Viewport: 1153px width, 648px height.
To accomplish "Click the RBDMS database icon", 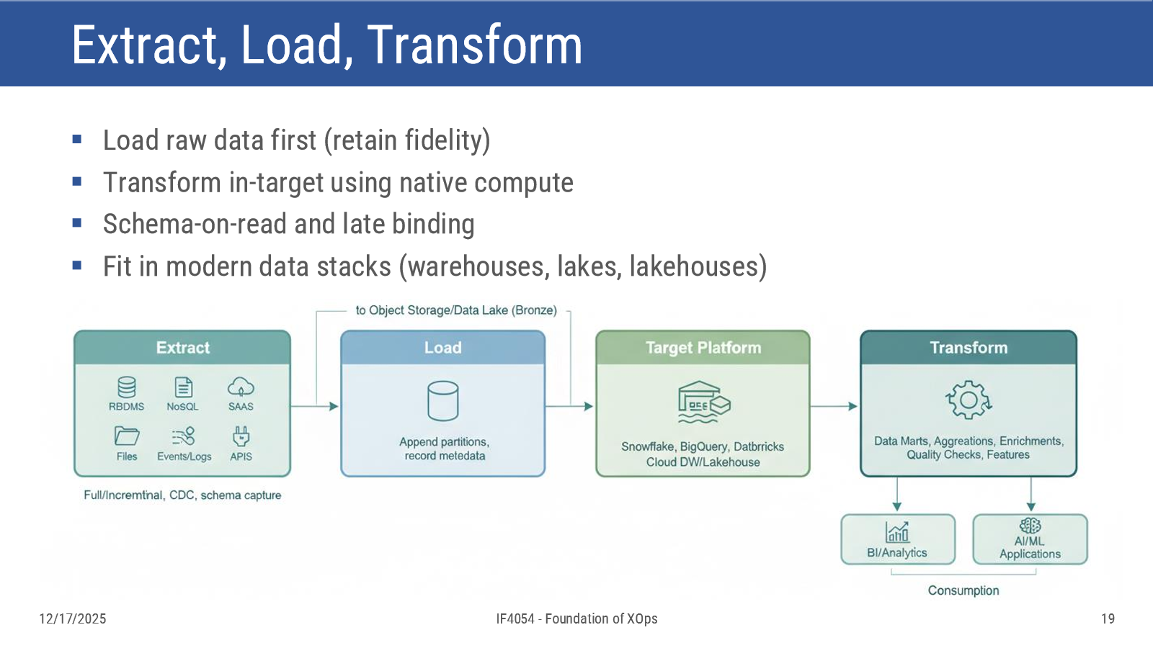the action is pos(127,387).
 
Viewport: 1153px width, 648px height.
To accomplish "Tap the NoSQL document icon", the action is pos(183,387).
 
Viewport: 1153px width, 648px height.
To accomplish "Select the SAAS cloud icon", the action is pos(241,387).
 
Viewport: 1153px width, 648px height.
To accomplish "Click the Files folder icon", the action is pos(127,436).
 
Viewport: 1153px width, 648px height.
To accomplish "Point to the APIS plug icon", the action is pos(241,436).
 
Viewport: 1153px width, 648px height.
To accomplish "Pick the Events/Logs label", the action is pos(184,456).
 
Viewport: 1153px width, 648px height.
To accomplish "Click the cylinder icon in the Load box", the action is pos(442,401).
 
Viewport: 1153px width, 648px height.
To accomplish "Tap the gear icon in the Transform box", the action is pos(969,400).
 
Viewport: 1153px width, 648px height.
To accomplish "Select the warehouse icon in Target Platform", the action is pos(703,402).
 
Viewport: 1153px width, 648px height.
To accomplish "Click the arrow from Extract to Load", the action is pos(314,406).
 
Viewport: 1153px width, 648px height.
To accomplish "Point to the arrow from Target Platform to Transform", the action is pos(834,406).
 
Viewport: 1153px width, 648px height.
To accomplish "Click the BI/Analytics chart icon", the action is pos(897,532).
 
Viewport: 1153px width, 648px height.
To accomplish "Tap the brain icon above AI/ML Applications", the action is pos(1030,526).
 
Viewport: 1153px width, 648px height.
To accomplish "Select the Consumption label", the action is pos(963,590).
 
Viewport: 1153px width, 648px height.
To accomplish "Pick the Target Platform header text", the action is pos(703,348).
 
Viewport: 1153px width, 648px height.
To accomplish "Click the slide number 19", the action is pos(1108,618).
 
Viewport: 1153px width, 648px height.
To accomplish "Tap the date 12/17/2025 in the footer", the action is pos(73,618).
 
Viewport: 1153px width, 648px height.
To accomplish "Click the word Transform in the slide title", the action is pos(474,45).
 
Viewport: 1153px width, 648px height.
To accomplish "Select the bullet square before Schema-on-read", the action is pos(77,223).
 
